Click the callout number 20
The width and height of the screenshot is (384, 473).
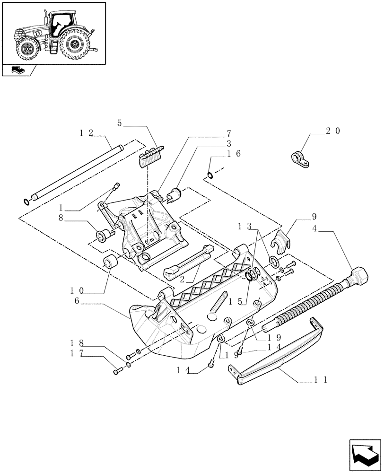click(333, 131)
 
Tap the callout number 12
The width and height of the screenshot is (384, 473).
click(87, 133)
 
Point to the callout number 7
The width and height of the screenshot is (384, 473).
click(229, 133)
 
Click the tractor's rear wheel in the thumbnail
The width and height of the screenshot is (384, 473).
click(75, 45)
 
